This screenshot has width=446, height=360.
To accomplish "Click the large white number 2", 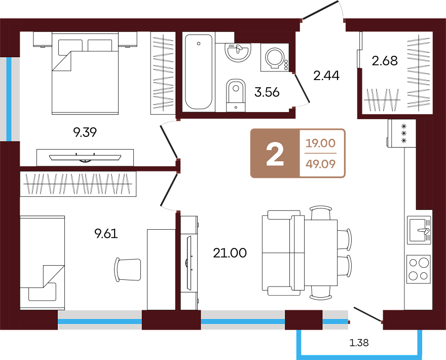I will pyautogui.click(x=275, y=154).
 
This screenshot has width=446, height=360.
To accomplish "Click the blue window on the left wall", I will pyautogui.click(x=9, y=99).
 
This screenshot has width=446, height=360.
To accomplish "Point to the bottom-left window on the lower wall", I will pyautogui.click(x=99, y=320).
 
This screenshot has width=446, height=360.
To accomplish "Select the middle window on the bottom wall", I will pyautogui.click(x=243, y=320).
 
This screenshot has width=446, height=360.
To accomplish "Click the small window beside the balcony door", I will pyautogui.click(x=335, y=320).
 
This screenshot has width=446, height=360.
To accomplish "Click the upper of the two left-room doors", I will pyautogui.click(x=169, y=140).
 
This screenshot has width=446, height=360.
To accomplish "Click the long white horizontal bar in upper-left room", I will pyautogui.click(x=85, y=158).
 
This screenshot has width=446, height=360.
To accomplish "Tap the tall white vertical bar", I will pyautogui.click(x=189, y=263).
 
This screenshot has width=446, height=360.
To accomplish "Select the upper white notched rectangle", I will pyautogui.click(x=283, y=215).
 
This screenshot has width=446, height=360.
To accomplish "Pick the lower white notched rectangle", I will pyautogui.click(x=283, y=291).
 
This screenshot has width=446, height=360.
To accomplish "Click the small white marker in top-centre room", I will pyautogui.click(x=238, y=49).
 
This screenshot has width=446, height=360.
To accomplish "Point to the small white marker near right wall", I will pyautogui.click(x=424, y=231).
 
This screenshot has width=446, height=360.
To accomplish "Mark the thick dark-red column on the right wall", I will pyautogui.click(x=424, y=163).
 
